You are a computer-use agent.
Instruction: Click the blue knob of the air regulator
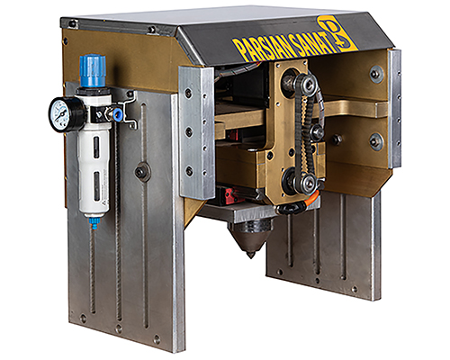pos(93,71)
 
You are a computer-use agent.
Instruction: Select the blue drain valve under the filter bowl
pos(94,223)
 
